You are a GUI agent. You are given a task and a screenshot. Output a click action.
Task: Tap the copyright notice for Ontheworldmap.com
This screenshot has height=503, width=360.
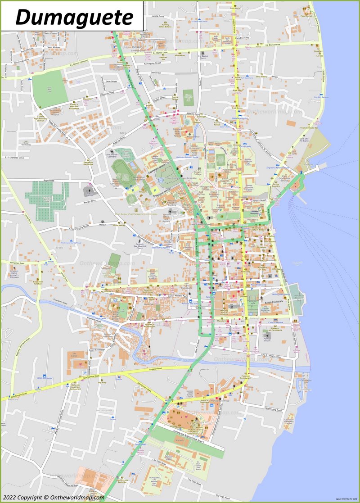coord(53,498)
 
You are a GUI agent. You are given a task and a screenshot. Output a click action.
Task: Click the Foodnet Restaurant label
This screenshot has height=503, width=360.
coord(245,377)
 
